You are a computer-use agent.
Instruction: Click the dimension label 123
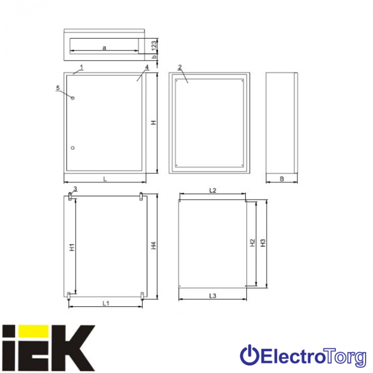154,46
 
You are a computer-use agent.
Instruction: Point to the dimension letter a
104,48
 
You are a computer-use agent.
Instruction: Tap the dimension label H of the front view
154,122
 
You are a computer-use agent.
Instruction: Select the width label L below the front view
105,179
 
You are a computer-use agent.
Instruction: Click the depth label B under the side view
282,179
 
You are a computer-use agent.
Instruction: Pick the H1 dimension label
72,247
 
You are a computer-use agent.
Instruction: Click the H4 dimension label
154,246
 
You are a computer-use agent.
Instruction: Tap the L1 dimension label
106,303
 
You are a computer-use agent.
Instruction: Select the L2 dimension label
213,190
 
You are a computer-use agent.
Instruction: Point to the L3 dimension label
213,296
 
